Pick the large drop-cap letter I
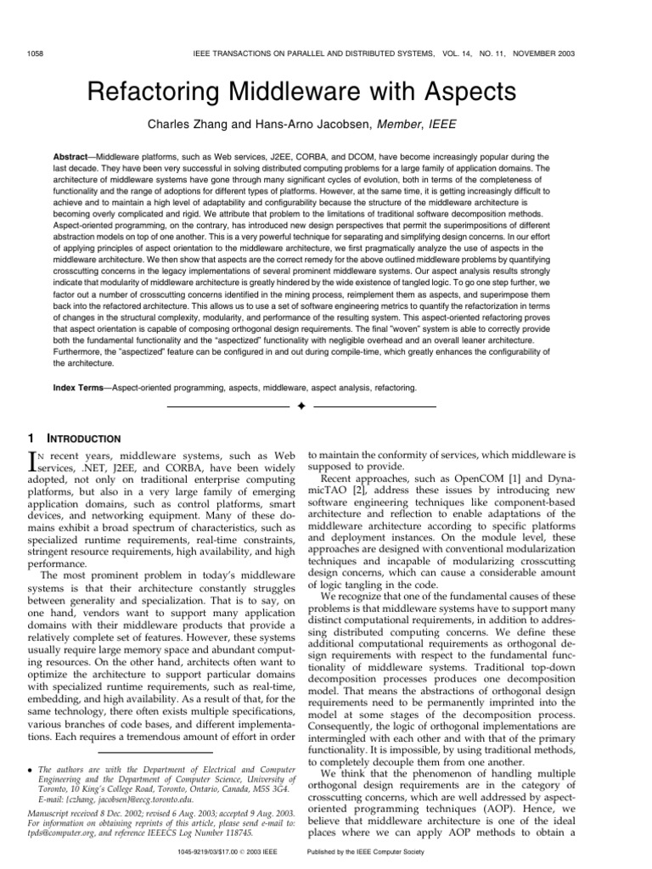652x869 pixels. pos(34,464)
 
